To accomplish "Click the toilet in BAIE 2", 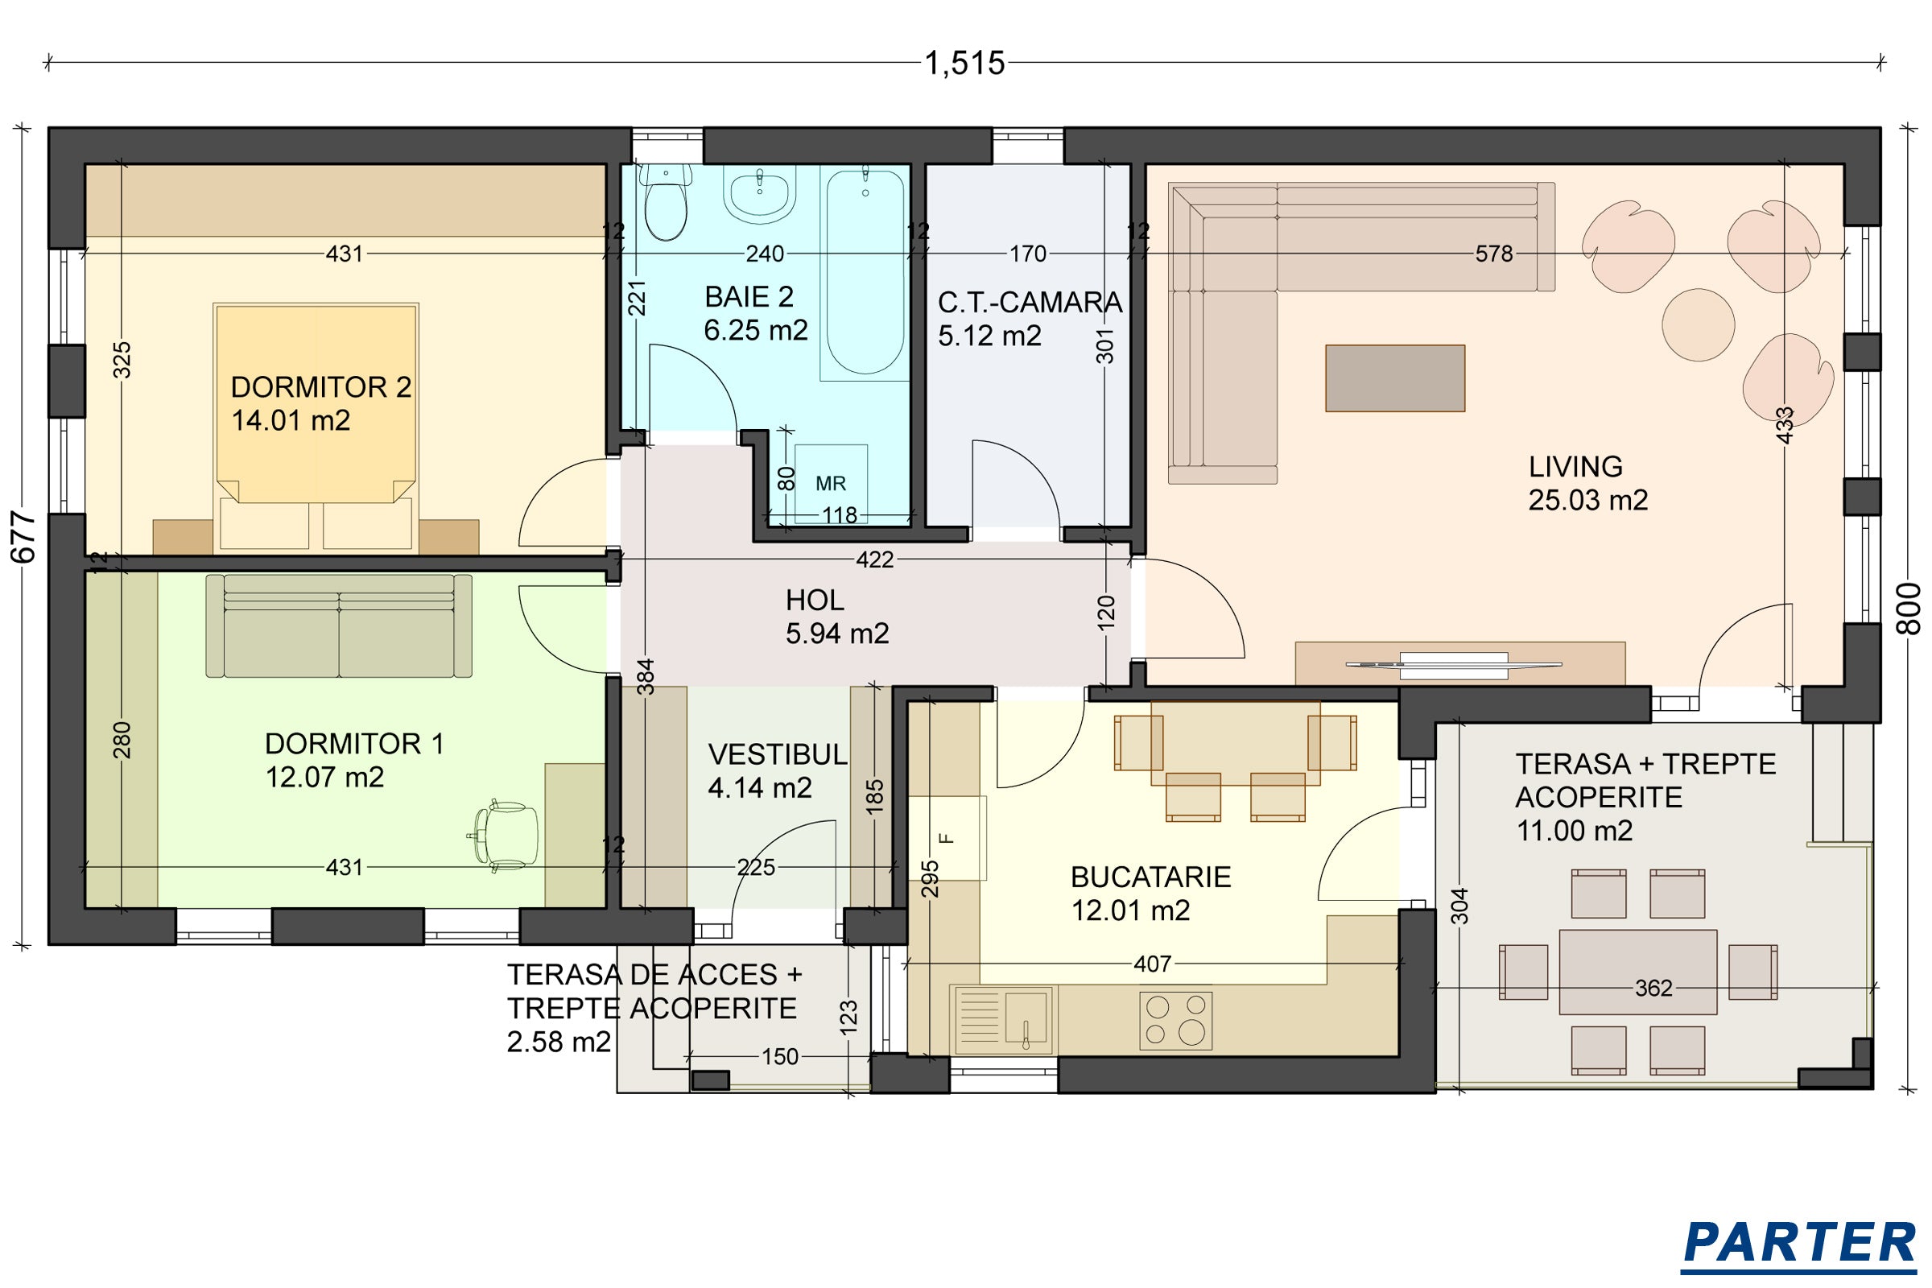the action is tap(666, 202).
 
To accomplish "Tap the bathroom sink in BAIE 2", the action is tap(759, 194).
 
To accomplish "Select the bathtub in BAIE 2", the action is tap(865, 270).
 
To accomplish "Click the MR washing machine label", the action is tap(831, 484).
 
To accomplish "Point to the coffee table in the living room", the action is tap(1395, 378).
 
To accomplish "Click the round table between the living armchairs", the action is tap(1698, 324).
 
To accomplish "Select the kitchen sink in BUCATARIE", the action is tap(1003, 1019).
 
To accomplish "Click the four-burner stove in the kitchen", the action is tap(1175, 1020).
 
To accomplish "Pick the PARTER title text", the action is tap(1798, 1243).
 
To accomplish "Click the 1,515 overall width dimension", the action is tap(964, 64).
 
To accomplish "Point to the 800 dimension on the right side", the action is tap(1909, 609).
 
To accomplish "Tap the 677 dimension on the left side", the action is tap(23, 537).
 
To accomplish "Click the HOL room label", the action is tap(814, 601).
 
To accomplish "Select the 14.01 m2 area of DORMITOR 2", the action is tap(291, 420).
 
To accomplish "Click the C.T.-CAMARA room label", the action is tap(1030, 303).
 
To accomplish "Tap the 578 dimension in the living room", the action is tap(1493, 254).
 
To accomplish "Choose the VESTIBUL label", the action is tap(777, 755).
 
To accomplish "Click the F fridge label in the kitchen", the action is tap(947, 839).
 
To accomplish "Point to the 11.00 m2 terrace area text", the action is tap(1574, 832).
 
